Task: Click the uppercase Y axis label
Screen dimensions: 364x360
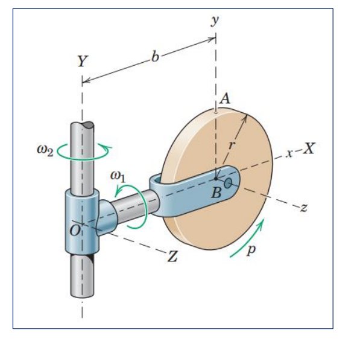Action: (x=82, y=60)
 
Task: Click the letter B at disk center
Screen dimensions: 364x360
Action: (x=215, y=193)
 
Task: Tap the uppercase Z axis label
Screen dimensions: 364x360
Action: (x=172, y=257)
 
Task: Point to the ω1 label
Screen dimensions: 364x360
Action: (x=119, y=176)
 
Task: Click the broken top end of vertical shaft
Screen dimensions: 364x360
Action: (x=83, y=126)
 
